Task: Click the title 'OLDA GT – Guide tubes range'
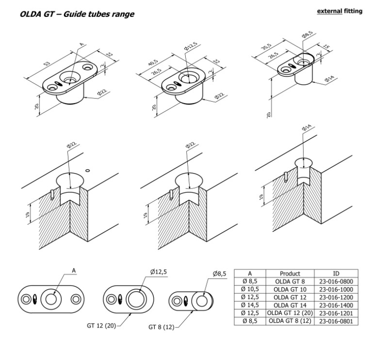click(x=77, y=15)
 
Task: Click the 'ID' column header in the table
click(x=337, y=273)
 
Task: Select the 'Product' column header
click(x=290, y=273)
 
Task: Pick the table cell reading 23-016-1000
click(x=337, y=289)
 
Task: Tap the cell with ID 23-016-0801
click(x=337, y=321)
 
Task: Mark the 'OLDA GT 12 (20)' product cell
click(x=290, y=313)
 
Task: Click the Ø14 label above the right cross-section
click(x=307, y=127)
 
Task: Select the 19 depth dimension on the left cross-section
click(x=31, y=212)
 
